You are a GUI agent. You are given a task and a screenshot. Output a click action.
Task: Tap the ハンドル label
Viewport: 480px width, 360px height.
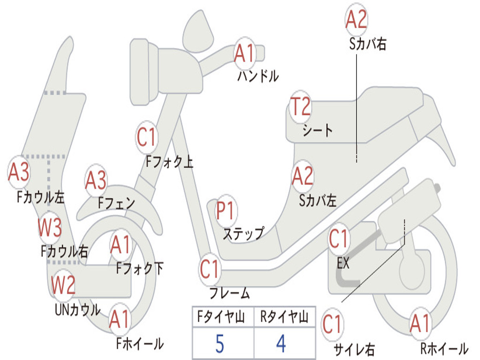coord(258,76)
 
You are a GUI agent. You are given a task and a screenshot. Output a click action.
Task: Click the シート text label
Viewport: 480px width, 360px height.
coord(317,130)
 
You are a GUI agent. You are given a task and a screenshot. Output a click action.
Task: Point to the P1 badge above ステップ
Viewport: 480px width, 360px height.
coord(225,210)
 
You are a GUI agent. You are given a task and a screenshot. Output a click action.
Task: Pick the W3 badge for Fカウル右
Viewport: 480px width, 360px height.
coord(50,228)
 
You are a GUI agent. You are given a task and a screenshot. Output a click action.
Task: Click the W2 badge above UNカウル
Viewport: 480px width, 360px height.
coord(63,285)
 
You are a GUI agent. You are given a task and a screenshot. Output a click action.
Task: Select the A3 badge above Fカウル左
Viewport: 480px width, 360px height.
coord(19,172)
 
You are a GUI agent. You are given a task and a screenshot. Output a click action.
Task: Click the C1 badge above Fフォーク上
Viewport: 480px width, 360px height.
coord(147,137)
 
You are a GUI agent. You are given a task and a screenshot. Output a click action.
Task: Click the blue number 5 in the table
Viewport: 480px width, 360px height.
coord(220,344)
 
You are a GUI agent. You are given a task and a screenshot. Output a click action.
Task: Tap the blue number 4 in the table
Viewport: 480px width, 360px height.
coord(281,343)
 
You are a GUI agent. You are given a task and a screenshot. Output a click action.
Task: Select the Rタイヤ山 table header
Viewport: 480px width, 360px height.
coord(285,317)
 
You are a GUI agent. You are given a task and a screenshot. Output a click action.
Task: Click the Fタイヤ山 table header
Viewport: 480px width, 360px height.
coord(221,317)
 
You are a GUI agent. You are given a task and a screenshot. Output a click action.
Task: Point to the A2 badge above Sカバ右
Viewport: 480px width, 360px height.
coord(356,19)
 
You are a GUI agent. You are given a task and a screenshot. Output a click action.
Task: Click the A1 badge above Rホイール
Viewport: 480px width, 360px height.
coord(420,323)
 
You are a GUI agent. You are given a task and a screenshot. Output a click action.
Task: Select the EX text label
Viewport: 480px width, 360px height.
coord(343,262)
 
